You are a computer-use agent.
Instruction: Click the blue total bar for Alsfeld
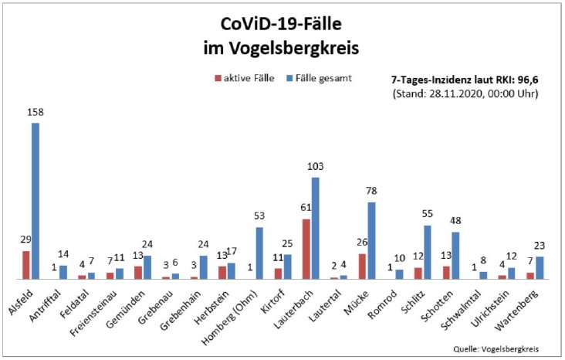(x=36, y=201)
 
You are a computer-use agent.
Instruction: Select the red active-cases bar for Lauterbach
(x=306, y=249)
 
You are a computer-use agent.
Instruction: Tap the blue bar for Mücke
(x=371, y=240)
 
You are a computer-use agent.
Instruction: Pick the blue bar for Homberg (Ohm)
(x=259, y=253)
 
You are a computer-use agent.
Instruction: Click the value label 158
(x=36, y=113)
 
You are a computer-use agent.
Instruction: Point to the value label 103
(x=315, y=167)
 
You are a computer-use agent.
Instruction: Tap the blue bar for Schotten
(x=455, y=255)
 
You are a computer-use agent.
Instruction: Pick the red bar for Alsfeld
(x=26, y=264)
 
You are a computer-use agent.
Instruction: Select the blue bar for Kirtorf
(x=287, y=266)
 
